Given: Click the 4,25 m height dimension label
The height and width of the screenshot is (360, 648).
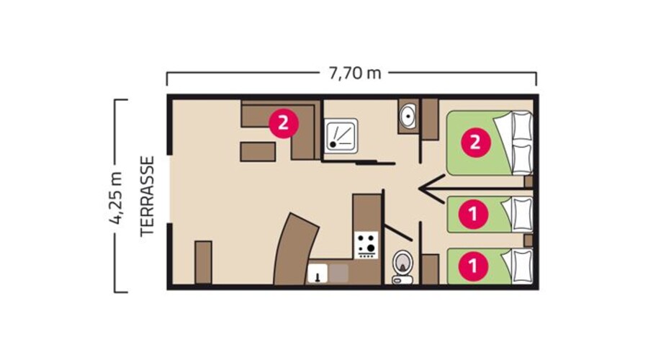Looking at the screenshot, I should click(116, 196).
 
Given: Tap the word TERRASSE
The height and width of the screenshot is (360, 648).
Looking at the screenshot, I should click(148, 196).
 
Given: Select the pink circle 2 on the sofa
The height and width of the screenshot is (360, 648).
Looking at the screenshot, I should click(283, 122).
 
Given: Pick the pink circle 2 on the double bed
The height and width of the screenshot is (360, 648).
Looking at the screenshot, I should click(474, 142).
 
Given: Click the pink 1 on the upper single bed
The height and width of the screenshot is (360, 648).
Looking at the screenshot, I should click(474, 213).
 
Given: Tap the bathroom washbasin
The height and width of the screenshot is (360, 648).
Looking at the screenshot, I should click(408, 115).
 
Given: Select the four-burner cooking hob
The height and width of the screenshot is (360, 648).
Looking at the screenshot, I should click(366, 244).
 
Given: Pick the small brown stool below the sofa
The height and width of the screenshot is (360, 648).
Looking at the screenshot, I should click(258, 151).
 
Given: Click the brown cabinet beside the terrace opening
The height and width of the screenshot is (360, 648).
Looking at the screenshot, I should click(203, 262).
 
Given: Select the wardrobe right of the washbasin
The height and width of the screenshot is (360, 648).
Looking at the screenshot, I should click(430, 119).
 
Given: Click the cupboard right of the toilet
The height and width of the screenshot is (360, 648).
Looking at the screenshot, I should click(430, 269).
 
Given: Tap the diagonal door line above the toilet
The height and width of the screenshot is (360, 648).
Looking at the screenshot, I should click(398, 232).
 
